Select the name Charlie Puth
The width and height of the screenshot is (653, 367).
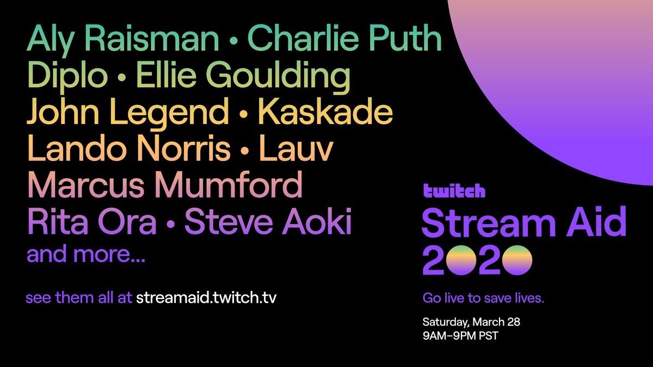pyautogui.click(x=345, y=38)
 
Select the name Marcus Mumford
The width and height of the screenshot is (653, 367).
pyautogui.click(x=165, y=185)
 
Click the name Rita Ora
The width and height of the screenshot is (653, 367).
pyautogui.click(x=92, y=221)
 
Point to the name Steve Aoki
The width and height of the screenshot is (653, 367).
pyautogui.click(x=268, y=221)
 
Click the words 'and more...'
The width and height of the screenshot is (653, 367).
pyautogui.click(x=86, y=254)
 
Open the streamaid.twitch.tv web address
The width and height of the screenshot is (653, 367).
pyautogui.click(x=206, y=298)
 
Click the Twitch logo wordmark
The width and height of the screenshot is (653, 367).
pyautogui.click(x=454, y=191)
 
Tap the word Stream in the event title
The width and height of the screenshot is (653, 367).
pyautogui.click(x=489, y=223)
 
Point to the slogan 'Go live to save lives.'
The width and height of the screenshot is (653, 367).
pyautogui.click(x=483, y=298)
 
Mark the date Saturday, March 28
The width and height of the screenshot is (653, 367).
pyautogui.click(x=471, y=322)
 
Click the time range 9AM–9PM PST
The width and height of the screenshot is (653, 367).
pyautogui.click(x=460, y=336)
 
